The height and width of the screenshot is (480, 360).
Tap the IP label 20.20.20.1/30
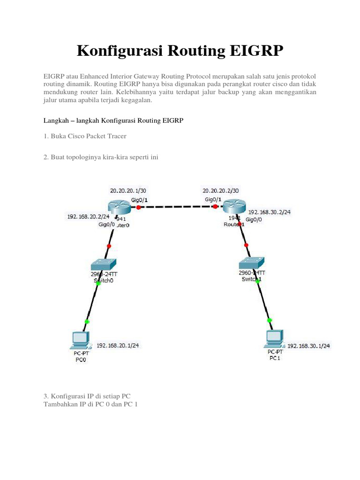(x=127, y=191)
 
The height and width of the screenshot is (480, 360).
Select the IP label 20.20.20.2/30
(x=220, y=191)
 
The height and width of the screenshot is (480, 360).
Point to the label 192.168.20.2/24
(x=88, y=217)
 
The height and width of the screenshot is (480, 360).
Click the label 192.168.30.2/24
(x=270, y=212)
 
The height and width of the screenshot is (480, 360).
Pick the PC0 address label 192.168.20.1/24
(x=117, y=345)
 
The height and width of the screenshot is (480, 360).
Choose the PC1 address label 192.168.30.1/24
(x=308, y=346)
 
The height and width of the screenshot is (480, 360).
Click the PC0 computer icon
(x=79, y=340)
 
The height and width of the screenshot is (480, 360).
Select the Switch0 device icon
(x=104, y=264)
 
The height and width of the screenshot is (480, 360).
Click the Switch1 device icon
(x=251, y=263)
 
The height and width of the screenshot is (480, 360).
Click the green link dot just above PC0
(x=87, y=322)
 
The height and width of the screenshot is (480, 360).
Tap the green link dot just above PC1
(x=270, y=320)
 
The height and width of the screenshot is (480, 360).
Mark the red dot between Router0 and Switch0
(x=109, y=246)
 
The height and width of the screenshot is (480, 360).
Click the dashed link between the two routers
(x=176, y=207)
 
